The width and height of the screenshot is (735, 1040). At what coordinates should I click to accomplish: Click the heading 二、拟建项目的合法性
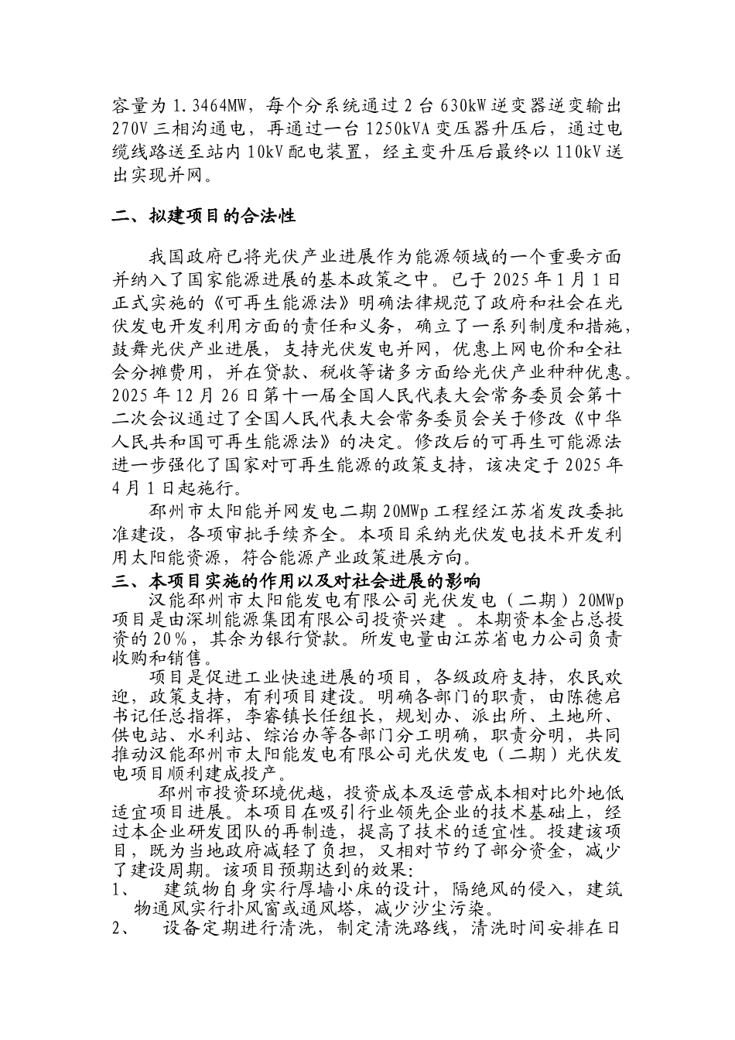click(x=203, y=216)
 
